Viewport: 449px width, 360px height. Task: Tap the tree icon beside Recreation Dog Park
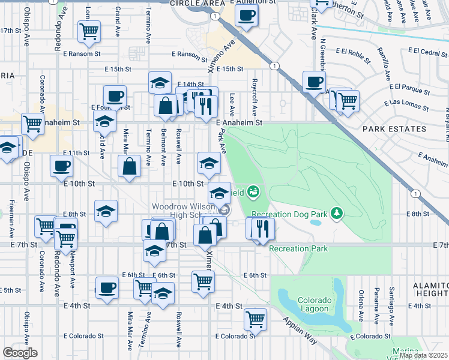click(x=337, y=213)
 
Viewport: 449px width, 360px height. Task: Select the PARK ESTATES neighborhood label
click(x=385, y=128)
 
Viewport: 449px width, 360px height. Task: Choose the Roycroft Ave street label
click(x=255, y=97)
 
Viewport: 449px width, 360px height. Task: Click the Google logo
click(x=20, y=353)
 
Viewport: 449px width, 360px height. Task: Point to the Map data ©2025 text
click(x=423, y=355)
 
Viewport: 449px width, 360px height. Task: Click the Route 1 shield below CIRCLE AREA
click(x=214, y=16)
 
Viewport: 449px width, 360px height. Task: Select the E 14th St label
click(x=191, y=85)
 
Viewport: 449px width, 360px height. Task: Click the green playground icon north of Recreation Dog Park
click(x=253, y=191)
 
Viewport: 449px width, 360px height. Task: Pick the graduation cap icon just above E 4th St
click(x=163, y=293)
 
